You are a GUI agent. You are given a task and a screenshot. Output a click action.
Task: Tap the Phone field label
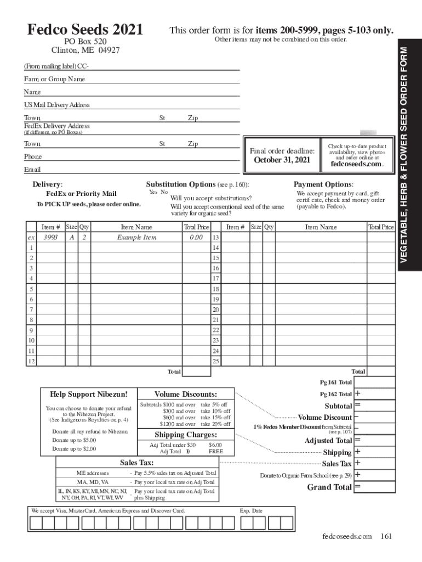(x=32, y=156)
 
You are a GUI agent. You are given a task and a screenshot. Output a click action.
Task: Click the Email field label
(x=32, y=170)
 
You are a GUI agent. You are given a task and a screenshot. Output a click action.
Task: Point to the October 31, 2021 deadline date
(x=282, y=160)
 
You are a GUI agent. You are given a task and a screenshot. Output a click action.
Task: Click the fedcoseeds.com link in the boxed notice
(x=357, y=164)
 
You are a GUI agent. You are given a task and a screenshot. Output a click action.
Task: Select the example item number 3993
(x=50, y=238)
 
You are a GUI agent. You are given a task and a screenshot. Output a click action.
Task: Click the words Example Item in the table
(x=136, y=238)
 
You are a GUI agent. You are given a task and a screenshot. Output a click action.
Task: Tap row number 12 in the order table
(x=31, y=361)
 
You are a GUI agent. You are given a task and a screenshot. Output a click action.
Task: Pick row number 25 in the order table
(x=216, y=361)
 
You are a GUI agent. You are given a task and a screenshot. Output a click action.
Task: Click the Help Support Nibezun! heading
(x=89, y=394)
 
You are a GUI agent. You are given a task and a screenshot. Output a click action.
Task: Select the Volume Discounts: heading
(x=185, y=394)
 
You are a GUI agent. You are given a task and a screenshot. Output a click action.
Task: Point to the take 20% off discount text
(x=215, y=424)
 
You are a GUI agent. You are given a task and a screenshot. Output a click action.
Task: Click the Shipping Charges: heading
(x=185, y=435)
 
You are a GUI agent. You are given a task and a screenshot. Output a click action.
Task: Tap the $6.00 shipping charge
(x=215, y=445)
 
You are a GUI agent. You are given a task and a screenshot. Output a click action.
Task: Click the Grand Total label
(x=329, y=487)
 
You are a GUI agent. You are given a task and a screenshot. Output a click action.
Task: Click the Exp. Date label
(x=251, y=510)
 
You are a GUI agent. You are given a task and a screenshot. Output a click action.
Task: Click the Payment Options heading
(x=323, y=184)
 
